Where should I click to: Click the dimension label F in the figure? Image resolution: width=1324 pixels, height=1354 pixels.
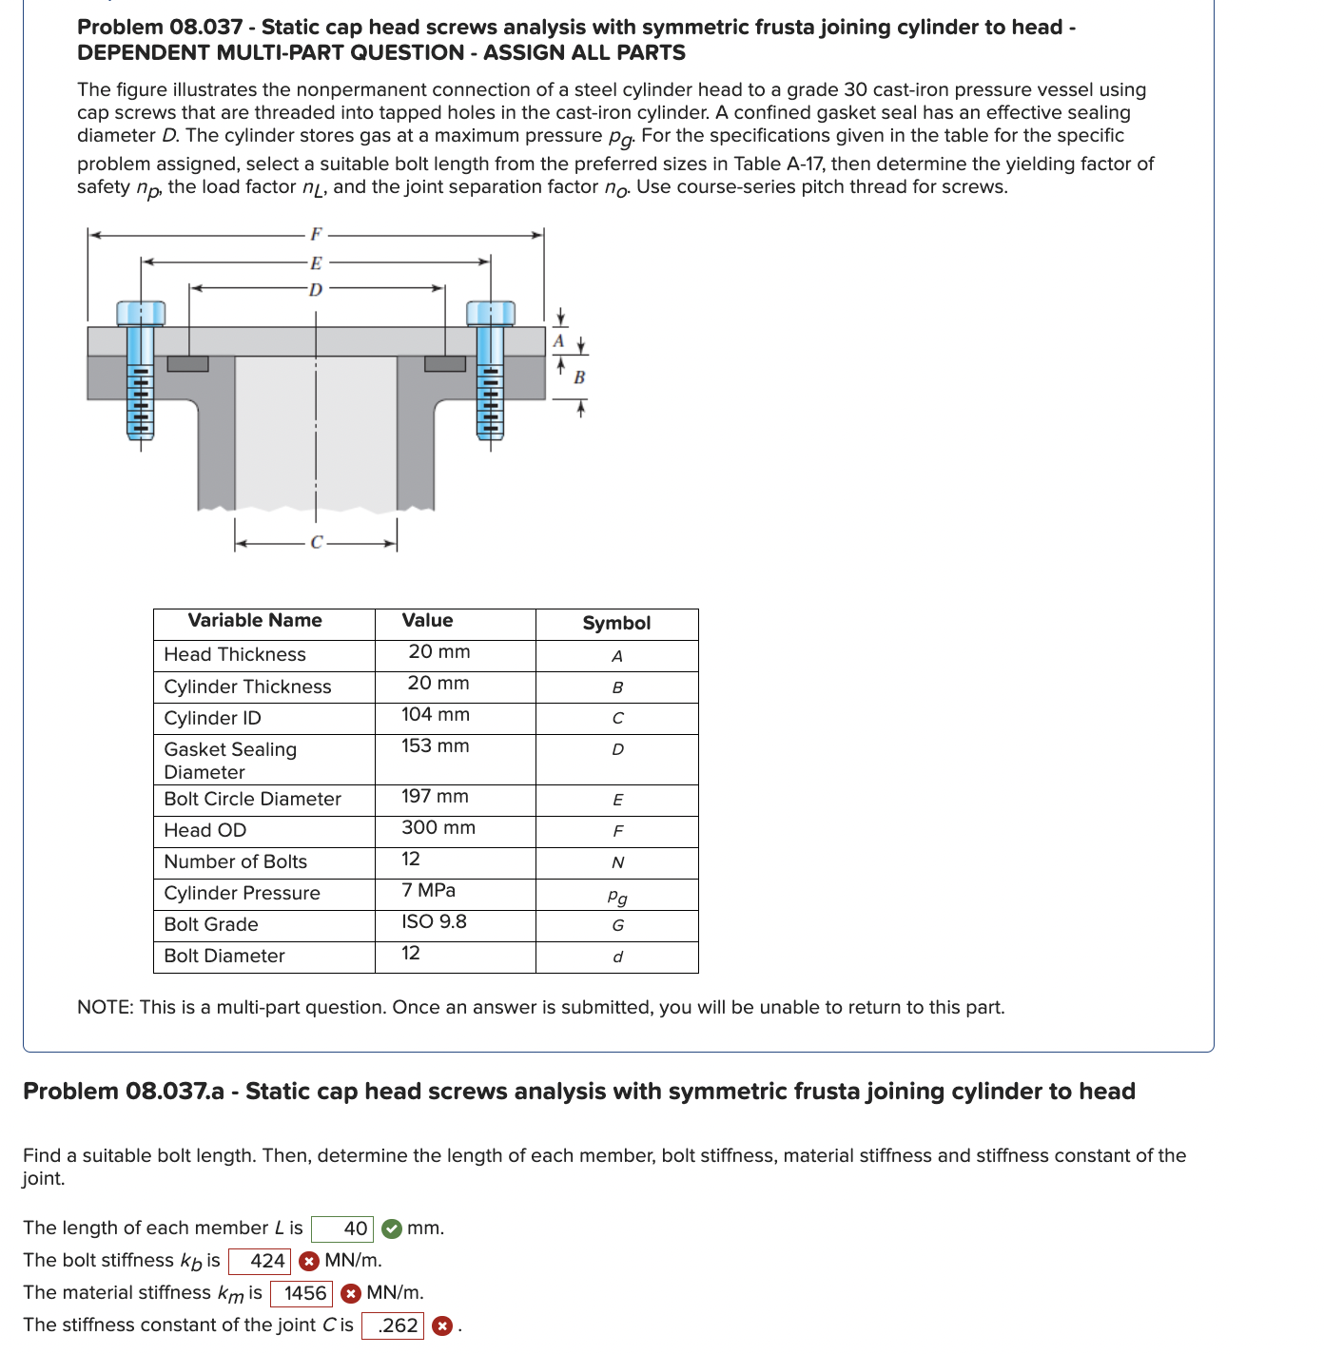pos(316,234)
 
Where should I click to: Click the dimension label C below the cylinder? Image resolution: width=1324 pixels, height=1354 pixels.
pos(317,543)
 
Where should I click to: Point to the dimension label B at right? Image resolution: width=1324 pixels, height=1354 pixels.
pos(579,377)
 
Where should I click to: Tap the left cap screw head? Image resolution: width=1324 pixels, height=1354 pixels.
pos(141,313)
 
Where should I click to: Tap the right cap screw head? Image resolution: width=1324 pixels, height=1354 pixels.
pos(490,313)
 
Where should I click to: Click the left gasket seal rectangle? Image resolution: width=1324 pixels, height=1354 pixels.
pos(187,363)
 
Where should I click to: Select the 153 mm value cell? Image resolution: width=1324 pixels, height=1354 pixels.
pos(436,746)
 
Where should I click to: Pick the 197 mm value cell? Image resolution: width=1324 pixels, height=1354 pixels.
pos(436,797)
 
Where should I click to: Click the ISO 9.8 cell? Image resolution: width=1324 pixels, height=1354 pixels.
pos(435,922)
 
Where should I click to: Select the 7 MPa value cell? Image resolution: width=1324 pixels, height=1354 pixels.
pos(429,891)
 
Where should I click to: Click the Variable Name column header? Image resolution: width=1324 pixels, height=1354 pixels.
pos(255,621)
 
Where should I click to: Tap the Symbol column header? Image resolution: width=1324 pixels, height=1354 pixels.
pos(616,624)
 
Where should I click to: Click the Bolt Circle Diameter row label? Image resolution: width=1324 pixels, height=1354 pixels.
pos(253,800)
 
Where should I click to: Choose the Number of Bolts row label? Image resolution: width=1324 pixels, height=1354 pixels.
pos(236,862)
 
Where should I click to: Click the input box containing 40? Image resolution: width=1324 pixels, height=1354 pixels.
pos(342,1229)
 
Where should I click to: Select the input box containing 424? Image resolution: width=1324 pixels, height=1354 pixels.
pos(260,1262)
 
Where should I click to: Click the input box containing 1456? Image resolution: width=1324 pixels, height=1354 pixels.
pos(302,1294)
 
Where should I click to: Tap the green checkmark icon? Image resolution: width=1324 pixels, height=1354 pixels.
pos(391,1229)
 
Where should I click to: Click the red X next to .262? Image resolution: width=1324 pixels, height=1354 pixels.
pos(442,1326)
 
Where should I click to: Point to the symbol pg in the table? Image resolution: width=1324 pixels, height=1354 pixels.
pos(617,897)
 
